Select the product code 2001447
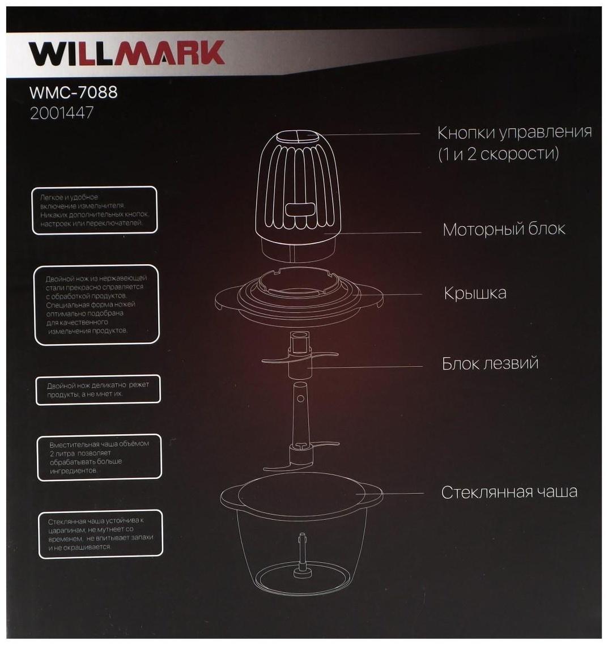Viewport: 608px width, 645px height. point(61,113)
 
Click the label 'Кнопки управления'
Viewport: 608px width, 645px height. point(514,133)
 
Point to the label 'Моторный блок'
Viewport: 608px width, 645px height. point(504,230)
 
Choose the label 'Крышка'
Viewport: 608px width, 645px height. point(475,294)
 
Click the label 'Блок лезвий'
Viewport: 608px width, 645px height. point(490,363)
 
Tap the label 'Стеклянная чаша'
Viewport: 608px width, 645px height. point(509,491)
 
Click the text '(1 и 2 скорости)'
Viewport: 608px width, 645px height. point(498,154)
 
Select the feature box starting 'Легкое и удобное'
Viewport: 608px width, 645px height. point(94,210)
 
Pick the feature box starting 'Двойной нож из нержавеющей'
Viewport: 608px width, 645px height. point(96,304)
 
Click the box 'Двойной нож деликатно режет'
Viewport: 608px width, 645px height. point(97,389)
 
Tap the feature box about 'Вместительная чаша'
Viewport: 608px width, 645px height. point(99,457)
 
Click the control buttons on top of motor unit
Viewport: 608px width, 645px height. point(300,136)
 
